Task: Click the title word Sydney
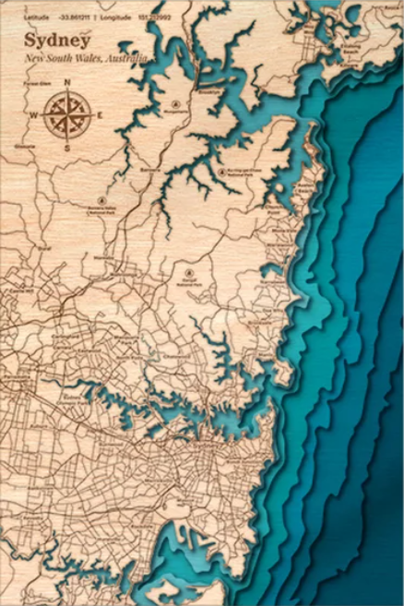58,41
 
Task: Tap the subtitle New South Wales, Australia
86,59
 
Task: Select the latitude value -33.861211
74,18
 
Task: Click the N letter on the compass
67,84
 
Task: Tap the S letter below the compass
66,147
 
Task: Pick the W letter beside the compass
34,115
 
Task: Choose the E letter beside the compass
99,115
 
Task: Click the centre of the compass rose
66,115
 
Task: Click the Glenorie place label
25,147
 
